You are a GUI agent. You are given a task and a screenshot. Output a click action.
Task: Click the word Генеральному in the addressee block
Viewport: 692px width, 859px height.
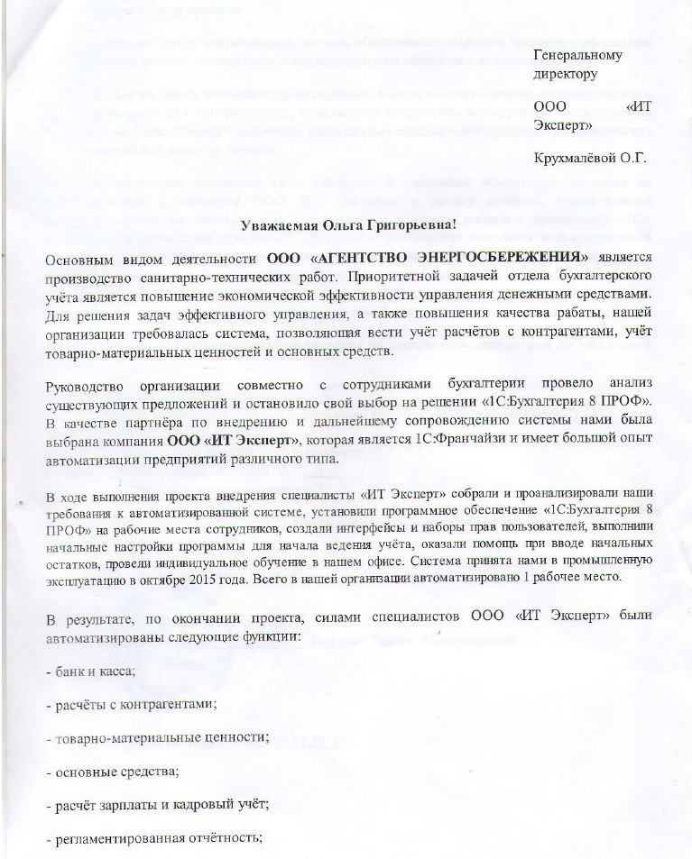pyautogui.click(x=578, y=57)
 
